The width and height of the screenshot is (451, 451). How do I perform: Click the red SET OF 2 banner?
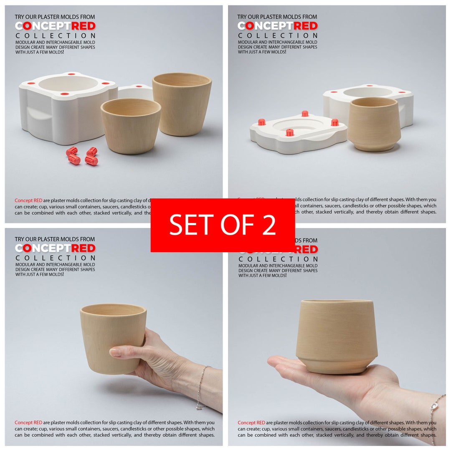click(223, 225)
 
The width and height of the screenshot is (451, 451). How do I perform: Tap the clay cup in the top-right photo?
click(374, 124)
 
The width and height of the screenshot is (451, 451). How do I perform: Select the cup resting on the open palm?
click(337, 336)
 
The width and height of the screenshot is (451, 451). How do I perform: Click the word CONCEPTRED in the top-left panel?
click(55, 26)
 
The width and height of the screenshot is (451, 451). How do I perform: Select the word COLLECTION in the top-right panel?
click(278, 35)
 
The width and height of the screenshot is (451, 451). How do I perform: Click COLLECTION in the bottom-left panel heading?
click(55, 258)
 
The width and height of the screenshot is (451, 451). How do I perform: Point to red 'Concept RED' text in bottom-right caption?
click(251, 423)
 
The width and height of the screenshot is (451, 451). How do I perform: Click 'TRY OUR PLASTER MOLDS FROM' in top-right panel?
click(277, 17)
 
